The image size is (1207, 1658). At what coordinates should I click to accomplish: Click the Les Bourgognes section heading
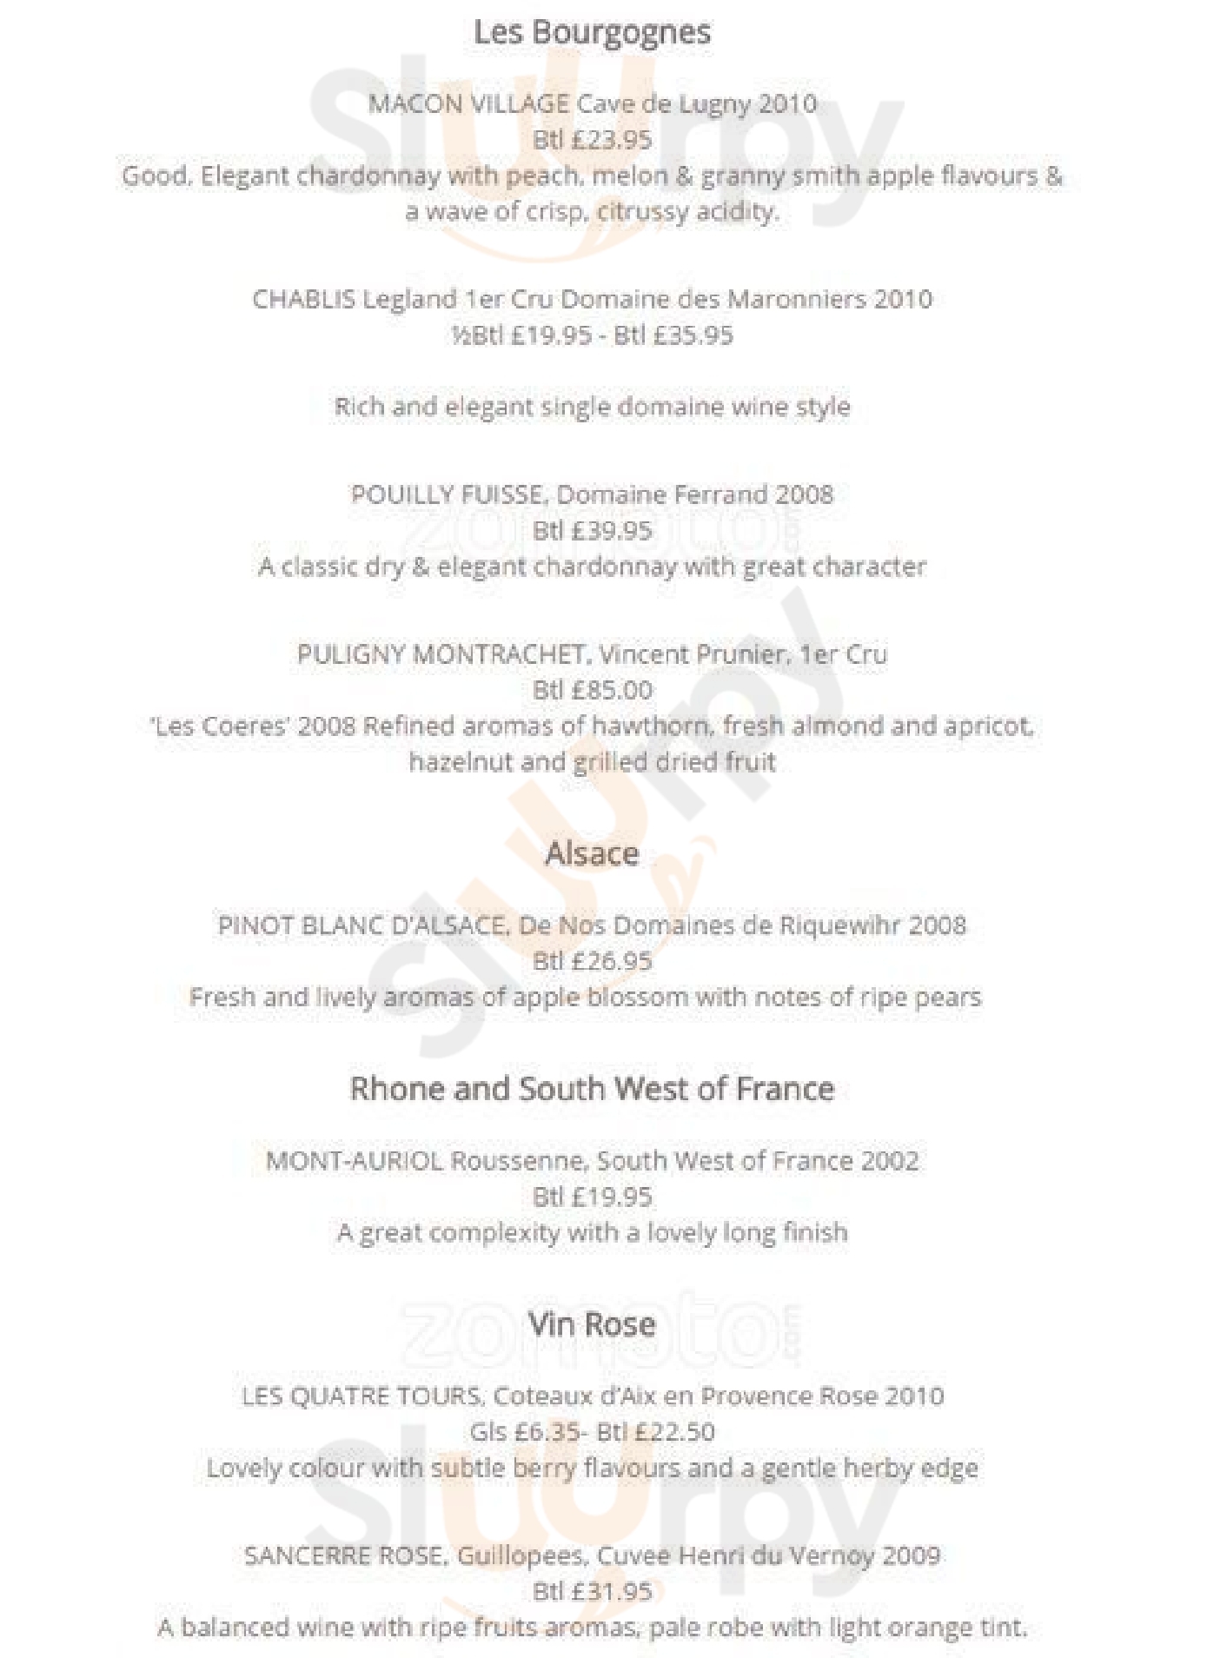pyautogui.click(x=592, y=33)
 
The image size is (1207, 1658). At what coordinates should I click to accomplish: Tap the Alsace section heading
pyautogui.click(x=592, y=853)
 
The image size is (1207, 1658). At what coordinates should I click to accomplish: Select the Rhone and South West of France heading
pyautogui.click(x=592, y=1088)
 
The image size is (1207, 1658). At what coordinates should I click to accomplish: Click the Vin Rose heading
pyautogui.click(x=592, y=1323)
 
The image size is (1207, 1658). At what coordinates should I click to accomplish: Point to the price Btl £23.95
pyautogui.click(x=592, y=139)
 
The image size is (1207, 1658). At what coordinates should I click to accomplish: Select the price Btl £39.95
pyautogui.click(x=592, y=530)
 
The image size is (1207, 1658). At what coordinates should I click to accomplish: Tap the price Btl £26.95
pyautogui.click(x=592, y=961)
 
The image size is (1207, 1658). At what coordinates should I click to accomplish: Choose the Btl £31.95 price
pyautogui.click(x=592, y=1591)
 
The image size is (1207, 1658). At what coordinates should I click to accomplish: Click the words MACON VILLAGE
pyautogui.click(x=468, y=103)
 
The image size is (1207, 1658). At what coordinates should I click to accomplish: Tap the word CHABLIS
pyautogui.click(x=303, y=299)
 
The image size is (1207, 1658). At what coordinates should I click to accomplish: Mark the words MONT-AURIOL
pyautogui.click(x=354, y=1161)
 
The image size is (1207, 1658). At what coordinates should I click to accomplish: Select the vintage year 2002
pyautogui.click(x=890, y=1161)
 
